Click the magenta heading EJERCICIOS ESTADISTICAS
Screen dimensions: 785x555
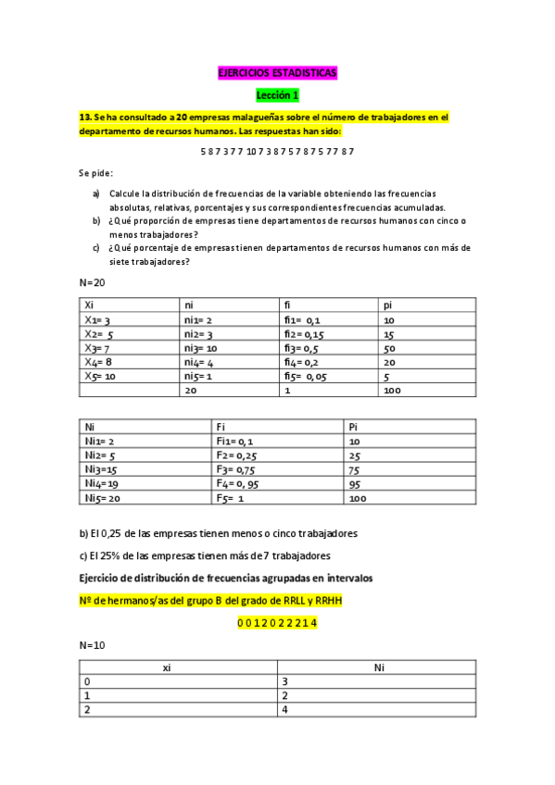(x=277, y=72)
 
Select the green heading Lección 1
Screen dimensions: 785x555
(x=277, y=94)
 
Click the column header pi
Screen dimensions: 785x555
(x=388, y=305)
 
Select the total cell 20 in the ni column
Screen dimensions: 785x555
(x=191, y=392)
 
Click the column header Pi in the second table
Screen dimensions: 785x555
(x=354, y=427)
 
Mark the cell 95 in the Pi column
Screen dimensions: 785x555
(x=355, y=483)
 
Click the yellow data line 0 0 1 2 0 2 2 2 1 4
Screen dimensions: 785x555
(x=277, y=623)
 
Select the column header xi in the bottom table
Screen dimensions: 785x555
(x=166, y=667)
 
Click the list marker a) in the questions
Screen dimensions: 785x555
(x=95, y=193)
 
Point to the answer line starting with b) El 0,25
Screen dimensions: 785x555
(x=218, y=534)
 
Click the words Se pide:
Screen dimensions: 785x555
(x=95, y=173)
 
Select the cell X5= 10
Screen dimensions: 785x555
(x=101, y=377)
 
